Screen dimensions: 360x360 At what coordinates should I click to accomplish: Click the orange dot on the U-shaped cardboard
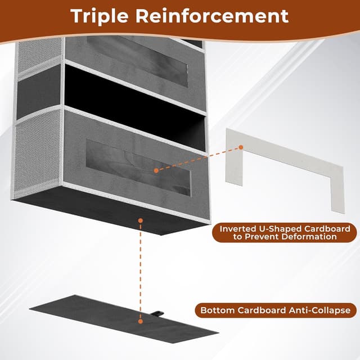click(x=240, y=147)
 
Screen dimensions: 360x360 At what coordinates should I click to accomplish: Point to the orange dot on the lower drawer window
click(x=155, y=169)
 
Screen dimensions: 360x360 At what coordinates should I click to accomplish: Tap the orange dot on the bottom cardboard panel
click(x=139, y=320)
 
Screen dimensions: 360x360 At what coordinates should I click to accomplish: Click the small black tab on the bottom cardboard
click(x=159, y=310)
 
